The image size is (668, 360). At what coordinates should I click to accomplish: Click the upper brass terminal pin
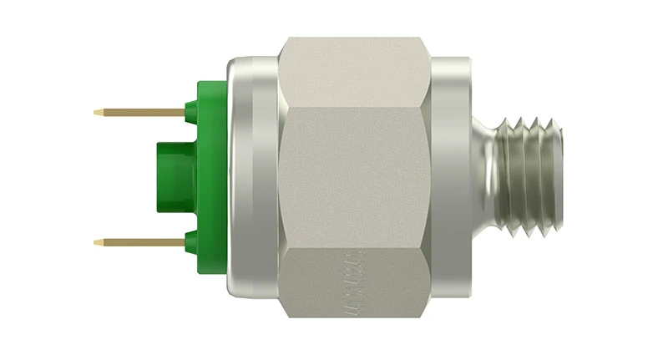142,112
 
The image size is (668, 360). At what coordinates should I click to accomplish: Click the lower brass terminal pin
142,242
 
